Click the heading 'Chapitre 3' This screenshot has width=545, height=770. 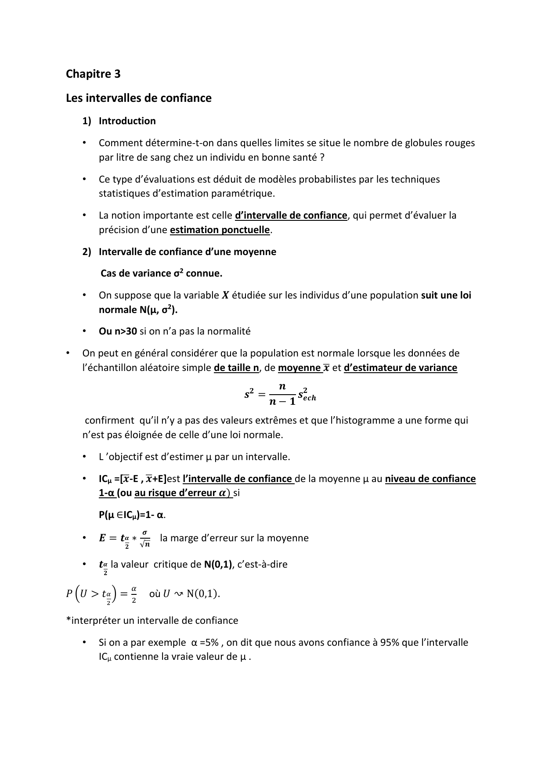coord(93,74)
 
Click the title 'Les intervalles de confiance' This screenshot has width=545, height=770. coord(139,98)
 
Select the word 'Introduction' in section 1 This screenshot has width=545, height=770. coord(127,121)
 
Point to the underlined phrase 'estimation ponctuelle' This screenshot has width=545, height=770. coord(220,230)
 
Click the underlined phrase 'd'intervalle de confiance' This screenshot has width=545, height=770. coord(291,215)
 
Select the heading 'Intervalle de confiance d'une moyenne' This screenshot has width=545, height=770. coord(187,252)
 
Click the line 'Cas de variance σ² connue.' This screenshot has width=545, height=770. coord(161,273)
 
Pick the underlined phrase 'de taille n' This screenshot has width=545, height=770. coord(236,367)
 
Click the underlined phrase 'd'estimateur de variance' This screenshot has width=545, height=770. coord(400,367)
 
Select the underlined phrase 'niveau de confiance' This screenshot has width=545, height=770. coord(430,479)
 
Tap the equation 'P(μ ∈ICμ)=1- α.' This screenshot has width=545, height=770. coord(132,515)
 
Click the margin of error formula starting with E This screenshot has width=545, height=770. coord(125,539)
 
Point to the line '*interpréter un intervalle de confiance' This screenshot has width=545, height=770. coord(152,620)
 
